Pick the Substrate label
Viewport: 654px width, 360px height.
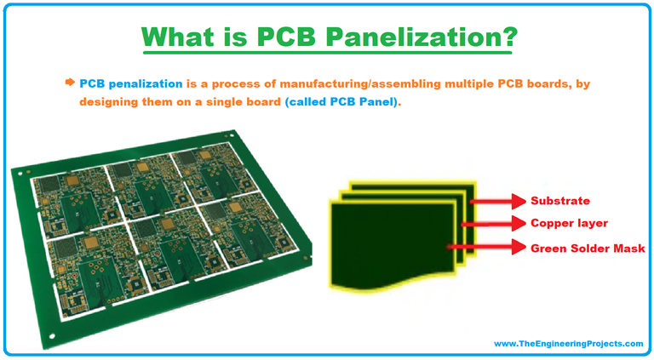560,202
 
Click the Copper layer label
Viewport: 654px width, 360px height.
569,225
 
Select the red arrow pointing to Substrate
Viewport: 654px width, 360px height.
496,202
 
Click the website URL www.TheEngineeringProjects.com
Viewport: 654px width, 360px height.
568,343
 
